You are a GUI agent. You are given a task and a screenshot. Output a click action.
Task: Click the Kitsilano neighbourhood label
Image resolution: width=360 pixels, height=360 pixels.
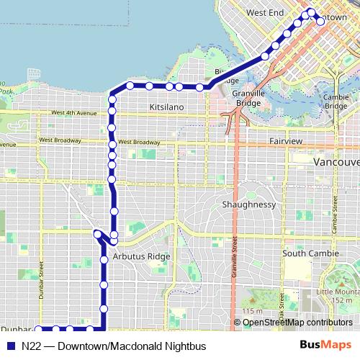coord(166,107)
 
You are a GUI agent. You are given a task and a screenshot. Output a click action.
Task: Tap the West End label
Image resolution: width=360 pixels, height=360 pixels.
coord(265,13)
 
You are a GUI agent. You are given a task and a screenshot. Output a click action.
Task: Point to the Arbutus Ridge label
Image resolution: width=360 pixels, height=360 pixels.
coord(142,256)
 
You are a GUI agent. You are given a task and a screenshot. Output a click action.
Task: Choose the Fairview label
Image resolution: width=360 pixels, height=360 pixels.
coord(286,141)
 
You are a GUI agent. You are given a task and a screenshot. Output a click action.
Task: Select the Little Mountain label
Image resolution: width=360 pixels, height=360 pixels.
coord(337,292)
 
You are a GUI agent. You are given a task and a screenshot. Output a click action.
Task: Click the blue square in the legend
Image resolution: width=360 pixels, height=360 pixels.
coord(10,345)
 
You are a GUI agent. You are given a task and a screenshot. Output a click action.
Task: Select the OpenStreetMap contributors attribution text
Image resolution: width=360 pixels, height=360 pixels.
coord(292,323)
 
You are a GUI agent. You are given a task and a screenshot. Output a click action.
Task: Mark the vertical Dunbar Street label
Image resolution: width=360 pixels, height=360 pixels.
coord(42,281)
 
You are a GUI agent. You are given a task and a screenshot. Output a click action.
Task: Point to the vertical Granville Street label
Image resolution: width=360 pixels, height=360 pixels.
coord(235,245)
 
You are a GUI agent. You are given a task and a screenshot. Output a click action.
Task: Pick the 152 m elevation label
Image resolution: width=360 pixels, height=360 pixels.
coord(343,300)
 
